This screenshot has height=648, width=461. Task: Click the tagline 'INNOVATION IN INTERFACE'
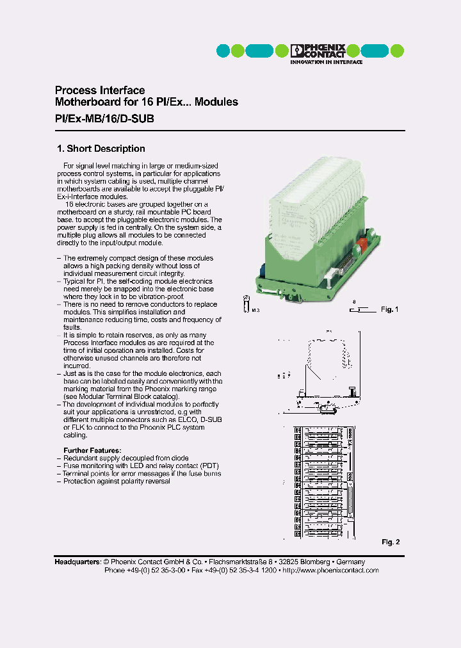pos(326,62)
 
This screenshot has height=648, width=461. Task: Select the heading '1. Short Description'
pos(101,149)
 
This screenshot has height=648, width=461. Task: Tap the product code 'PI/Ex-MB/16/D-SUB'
pos(104,119)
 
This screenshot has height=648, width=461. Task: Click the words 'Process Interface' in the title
pos(100,90)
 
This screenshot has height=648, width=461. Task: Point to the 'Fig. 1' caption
pos(389,310)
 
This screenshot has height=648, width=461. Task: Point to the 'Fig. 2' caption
pos(391,542)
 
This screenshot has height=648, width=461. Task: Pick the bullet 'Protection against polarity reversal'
pos(117,482)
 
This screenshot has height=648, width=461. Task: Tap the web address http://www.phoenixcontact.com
pos(330,570)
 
